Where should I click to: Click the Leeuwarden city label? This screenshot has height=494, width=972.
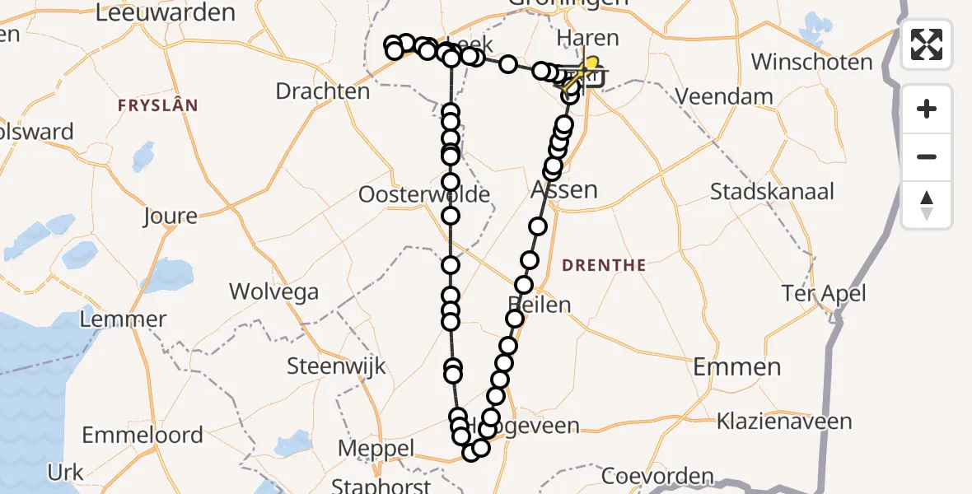coord(166,12)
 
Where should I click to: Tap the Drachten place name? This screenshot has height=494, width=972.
coord(323,91)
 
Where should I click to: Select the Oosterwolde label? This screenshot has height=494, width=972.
coord(424,195)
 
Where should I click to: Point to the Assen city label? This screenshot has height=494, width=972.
coord(564,189)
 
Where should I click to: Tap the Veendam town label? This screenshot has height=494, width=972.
coord(724,96)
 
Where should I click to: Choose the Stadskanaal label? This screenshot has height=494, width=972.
coord(772,192)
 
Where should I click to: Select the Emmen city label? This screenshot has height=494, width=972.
coord(736,367)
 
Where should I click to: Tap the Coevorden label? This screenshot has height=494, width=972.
coord(657,476)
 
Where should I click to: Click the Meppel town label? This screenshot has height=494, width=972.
coord(376,450)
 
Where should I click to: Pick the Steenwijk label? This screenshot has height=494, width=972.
coord(336,366)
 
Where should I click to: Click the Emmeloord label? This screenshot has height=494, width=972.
coord(143,435)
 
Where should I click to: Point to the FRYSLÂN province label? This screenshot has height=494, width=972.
coord(157,105)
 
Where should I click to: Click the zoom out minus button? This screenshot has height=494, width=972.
coord(927,156)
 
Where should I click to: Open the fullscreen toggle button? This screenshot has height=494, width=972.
coord(927,44)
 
